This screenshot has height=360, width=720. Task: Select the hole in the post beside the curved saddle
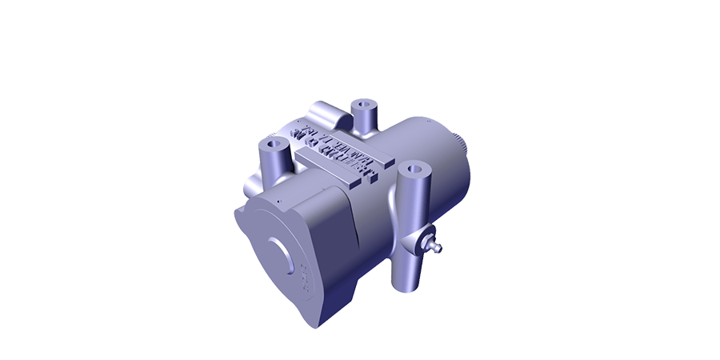coord(366,104)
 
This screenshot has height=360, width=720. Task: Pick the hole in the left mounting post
coord(273,143)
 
